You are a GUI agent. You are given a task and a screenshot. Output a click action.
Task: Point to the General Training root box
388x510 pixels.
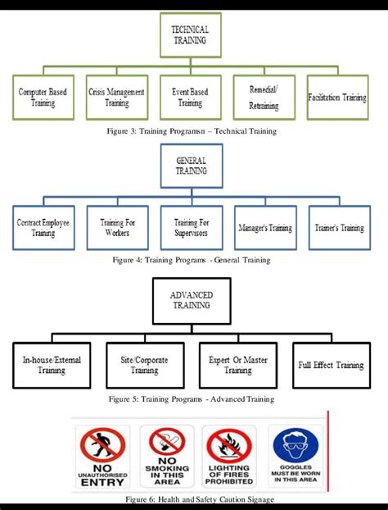tap(191, 166)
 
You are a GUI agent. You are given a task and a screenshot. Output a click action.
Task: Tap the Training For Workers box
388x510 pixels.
tap(117, 227)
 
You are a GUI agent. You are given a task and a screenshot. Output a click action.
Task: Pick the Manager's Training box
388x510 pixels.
tap(264, 227)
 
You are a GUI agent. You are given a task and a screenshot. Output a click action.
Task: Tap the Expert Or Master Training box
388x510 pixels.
tap(237, 365)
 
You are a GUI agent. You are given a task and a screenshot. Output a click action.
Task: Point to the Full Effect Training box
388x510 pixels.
tap(331, 365)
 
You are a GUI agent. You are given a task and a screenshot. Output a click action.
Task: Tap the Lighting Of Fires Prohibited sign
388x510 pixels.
tap(230, 456)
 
